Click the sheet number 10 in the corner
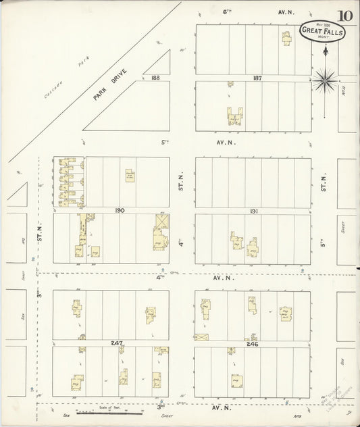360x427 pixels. pyautogui.click(x=344, y=15)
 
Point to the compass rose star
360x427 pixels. pyautogui.click(x=325, y=80)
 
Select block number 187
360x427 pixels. pyautogui.click(x=257, y=78)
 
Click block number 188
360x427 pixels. pyautogui.click(x=156, y=78)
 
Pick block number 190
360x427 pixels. pyautogui.click(x=120, y=211)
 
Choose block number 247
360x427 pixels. pyautogui.click(x=117, y=343)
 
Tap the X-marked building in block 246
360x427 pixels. pyautogui.click(x=201, y=336)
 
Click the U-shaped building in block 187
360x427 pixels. pyautogui.click(x=234, y=116)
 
